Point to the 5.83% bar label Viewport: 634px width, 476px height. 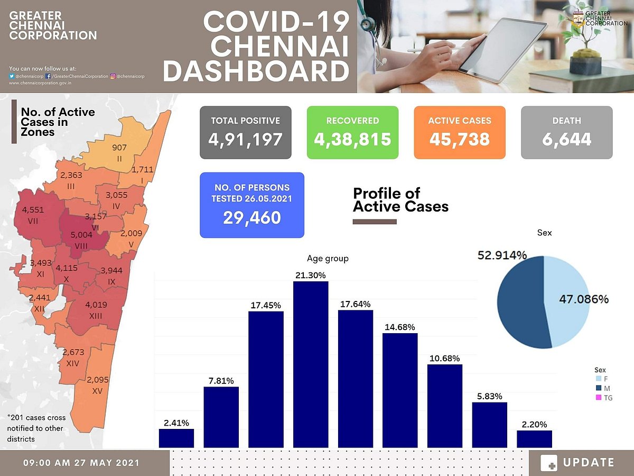point(489,396)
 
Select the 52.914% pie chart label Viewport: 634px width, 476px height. point(502,255)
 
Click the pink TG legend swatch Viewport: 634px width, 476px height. point(599,397)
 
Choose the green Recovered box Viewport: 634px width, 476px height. point(352,132)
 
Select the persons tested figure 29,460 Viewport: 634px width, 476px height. point(252,217)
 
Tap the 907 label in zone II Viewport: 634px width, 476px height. point(119,147)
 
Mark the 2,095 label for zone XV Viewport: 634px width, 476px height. point(97,379)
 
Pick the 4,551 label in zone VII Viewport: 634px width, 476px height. point(33,209)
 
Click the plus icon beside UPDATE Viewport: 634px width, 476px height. point(549,463)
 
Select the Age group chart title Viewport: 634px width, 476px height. point(328,259)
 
